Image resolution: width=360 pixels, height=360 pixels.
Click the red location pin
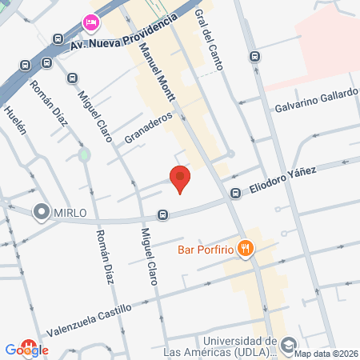point(180,178)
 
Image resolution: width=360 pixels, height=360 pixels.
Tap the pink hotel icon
point(90,21)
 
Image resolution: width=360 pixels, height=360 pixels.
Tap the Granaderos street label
point(148,126)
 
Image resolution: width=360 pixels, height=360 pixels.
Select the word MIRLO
point(70,211)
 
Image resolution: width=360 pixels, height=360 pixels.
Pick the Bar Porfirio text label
point(206,250)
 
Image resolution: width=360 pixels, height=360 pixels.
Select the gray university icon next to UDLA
point(288,346)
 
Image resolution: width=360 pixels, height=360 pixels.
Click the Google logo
point(26,350)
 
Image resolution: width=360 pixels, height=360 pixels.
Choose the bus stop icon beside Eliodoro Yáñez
point(236,193)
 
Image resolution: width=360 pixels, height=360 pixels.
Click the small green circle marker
point(83,154)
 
